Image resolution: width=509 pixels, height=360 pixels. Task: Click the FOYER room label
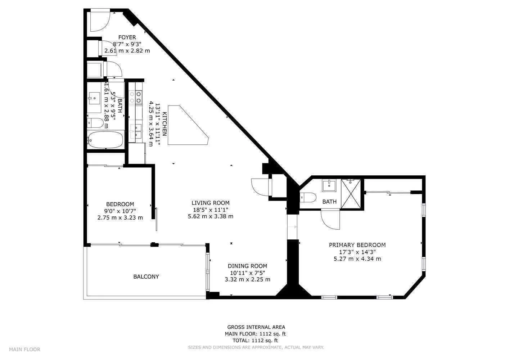[x=127, y=37]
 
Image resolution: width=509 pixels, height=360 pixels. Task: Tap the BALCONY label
[x=146, y=276]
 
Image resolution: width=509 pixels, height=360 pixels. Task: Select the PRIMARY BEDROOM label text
[x=357, y=245]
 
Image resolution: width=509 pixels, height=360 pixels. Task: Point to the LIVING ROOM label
[x=211, y=203]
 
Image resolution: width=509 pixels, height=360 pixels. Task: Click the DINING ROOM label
[x=247, y=266]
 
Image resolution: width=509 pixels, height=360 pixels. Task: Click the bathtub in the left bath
[x=105, y=140]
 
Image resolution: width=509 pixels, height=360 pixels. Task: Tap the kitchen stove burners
[x=135, y=97]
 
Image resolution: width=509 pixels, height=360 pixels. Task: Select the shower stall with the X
[x=351, y=194]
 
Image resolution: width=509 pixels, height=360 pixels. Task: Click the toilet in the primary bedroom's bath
[x=308, y=198]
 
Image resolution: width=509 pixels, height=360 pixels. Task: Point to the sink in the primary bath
[x=329, y=185]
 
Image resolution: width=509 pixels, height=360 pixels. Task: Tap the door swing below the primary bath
[x=330, y=220]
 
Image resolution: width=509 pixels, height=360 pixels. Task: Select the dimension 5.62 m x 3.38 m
[x=211, y=216]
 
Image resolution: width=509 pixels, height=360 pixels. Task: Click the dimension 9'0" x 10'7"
[x=120, y=211]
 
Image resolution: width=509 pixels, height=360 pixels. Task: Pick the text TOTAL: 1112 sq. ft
[x=255, y=341]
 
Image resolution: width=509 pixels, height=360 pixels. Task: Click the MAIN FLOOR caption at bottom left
[x=24, y=350]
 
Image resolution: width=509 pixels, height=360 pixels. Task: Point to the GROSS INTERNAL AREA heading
[x=256, y=327]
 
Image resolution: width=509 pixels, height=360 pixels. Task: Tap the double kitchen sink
[x=136, y=131]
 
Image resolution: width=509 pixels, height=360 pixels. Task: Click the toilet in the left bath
[x=95, y=123]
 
